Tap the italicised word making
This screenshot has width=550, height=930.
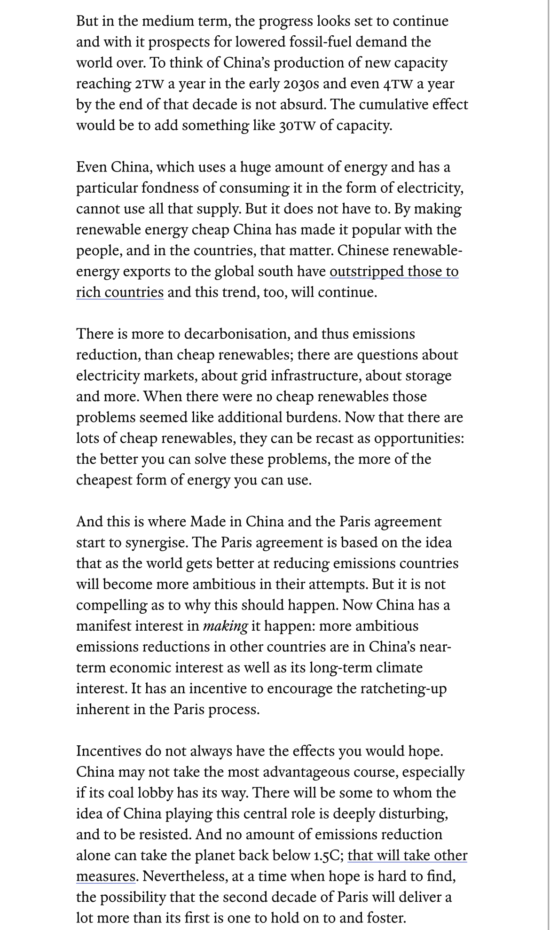click(x=225, y=626)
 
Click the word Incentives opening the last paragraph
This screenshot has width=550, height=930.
click(x=108, y=751)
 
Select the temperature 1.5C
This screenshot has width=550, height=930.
click(x=327, y=856)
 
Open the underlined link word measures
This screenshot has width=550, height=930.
click(x=106, y=876)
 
